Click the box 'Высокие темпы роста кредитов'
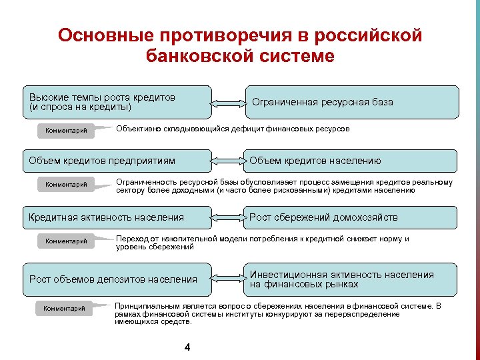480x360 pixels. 116,102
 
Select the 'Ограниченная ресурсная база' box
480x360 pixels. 352,102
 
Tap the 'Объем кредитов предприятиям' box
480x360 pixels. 116,161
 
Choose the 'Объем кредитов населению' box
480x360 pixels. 352,161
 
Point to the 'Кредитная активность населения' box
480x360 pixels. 116,217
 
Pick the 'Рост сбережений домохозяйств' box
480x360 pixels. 352,217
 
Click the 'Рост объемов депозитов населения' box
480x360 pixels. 116,279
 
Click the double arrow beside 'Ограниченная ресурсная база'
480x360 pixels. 228,103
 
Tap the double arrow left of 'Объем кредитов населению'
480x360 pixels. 228,161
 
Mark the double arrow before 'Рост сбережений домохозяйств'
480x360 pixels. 228,217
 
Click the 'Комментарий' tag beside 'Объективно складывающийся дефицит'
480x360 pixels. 66,131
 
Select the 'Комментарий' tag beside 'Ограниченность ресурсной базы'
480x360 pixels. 66,185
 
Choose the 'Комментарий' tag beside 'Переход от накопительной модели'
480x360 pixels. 66,241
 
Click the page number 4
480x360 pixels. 187,347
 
